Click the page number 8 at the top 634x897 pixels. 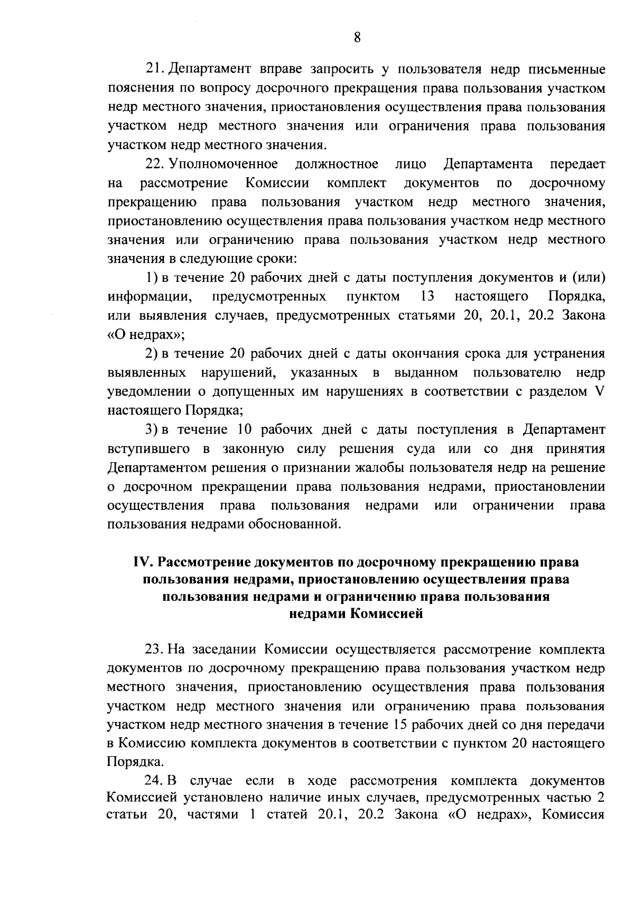(357, 38)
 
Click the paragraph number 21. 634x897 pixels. (156, 69)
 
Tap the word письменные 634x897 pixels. (566, 69)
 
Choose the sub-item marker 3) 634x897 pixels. (153, 429)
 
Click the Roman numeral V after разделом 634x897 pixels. (600, 391)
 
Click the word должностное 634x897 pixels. (337, 164)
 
